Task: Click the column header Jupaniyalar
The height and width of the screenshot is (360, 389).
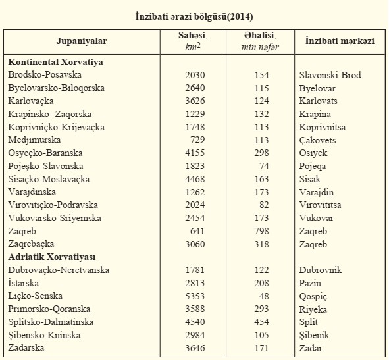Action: click(x=82, y=41)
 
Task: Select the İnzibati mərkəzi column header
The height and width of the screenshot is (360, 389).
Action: click(x=340, y=41)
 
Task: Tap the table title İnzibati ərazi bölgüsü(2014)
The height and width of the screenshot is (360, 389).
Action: click(x=194, y=17)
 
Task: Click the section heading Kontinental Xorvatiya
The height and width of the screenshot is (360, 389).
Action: click(x=55, y=62)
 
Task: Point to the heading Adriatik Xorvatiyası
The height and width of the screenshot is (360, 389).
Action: click(x=51, y=257)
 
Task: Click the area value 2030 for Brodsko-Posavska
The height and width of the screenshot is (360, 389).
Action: click(x=195, y=75)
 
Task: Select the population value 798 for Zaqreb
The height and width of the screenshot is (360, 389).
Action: click(x=261, y=231)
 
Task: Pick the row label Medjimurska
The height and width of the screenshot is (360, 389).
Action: click(x=34, y=140)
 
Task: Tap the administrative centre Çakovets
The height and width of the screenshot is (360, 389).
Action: click(x=317, y=140)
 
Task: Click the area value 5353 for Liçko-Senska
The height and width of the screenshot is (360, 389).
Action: click(x=195, y=296)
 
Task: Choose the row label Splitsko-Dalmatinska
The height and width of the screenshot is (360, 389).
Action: click(x=51, y=322)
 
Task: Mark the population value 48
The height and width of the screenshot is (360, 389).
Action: click(x=264, y=296)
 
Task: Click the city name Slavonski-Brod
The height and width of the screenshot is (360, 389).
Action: click(x=330, y=75)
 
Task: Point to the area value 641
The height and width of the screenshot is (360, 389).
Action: click(x=197, y=231)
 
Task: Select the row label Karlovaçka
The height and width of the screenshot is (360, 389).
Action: click(x=31, y=101)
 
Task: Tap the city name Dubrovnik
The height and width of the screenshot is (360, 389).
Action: click(x=321, y=270)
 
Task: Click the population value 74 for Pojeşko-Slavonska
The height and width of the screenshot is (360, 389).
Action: click(x=264, y=166)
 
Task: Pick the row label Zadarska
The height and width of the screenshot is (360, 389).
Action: click(x=26, y=347)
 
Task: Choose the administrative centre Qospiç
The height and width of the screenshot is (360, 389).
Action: click(x=313, y=297)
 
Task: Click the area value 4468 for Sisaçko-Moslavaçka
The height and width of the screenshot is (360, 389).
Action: click(x=195, y=179)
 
